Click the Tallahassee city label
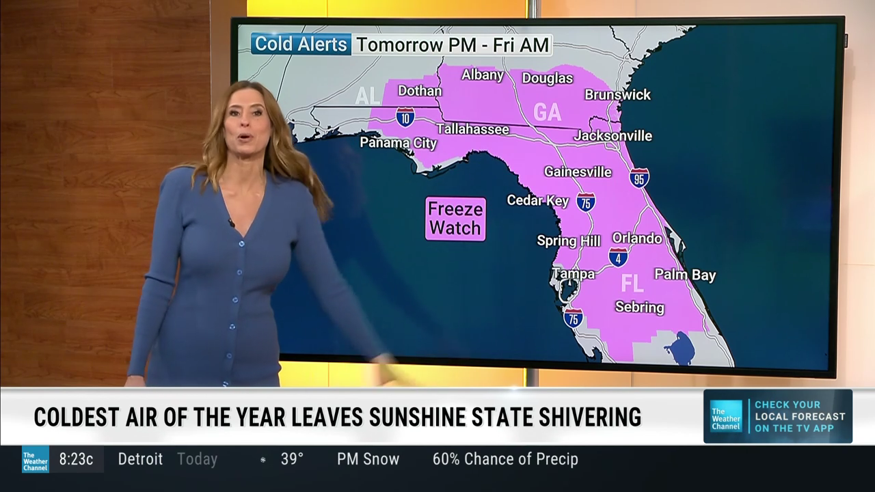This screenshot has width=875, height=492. pyautogui.click(x=472, y=129)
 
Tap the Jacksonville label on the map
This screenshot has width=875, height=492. pyautogui.click(x=612, y=136)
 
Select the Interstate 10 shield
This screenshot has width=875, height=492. pyautogui.click(x=405, y=117)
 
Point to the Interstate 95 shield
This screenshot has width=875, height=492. pyautogui.click(x=639, y=178)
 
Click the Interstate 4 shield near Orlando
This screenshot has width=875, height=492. pyautogui.click(x=618, y=257)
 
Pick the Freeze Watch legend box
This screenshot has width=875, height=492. pyautogui.click(x=455, y=219)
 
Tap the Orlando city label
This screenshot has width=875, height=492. pyautogui.click(x=636, y=238)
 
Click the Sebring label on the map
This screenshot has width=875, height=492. pyautogui.click(x=639, y=307)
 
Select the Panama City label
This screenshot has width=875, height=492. pyautogui.click(x=398, y=143)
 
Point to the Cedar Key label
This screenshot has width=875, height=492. pyautogui.click(x=537, y=200)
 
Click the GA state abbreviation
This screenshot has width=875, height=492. pyautogui.click(x=547, y=112)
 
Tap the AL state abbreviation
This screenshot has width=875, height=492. pyautogui.click(x=367, y=96)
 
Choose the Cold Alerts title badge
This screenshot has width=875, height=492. pyautogui.click(x=301, y=44)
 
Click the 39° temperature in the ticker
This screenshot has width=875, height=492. pyautogui.click(x=292, y=459)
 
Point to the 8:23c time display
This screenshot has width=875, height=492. pyautogui.click(x=76, y=459)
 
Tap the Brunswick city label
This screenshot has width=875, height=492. pyautogui.click(x=617, y=94)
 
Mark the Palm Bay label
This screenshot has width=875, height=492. pyautogui.click(x=685, y=275)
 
